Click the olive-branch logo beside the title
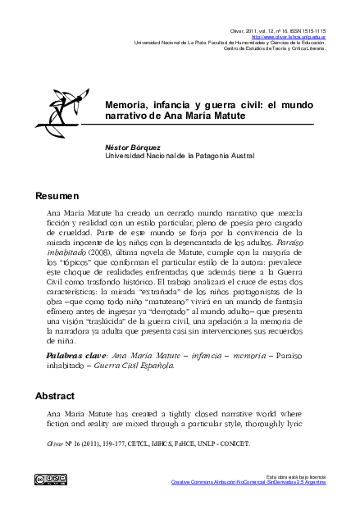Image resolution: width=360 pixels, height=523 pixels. (x=59, y=116)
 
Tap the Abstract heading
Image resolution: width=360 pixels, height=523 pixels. (x=55, y=396)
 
